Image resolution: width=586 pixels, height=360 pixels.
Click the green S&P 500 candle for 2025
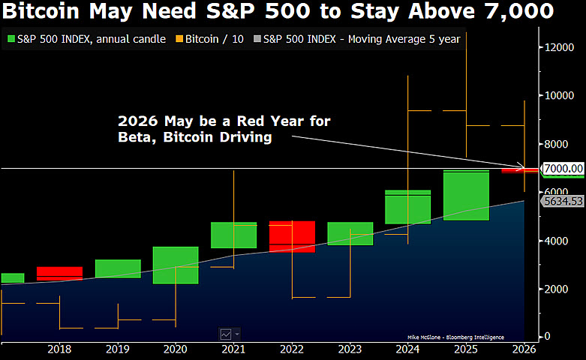467,195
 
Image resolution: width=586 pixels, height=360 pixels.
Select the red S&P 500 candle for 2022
293,236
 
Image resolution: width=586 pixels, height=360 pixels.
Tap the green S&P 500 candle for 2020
176,265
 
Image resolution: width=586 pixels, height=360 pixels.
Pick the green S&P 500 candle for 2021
233,235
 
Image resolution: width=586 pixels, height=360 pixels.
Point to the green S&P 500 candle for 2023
350,233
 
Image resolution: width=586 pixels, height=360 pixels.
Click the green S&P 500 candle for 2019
118,268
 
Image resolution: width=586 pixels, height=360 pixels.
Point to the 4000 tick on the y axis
557,241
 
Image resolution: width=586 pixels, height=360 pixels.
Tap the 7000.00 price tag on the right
563,169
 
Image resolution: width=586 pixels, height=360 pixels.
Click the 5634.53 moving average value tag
563,201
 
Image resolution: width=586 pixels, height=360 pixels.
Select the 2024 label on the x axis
408,349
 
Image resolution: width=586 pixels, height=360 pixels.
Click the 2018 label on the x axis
59,349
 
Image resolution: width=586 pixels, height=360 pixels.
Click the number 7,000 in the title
514,11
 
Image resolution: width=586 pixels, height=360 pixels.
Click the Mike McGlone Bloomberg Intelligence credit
455,337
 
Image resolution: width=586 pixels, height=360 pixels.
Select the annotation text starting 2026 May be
224,129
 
